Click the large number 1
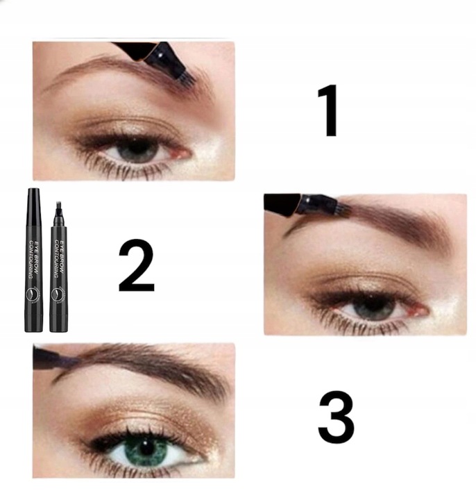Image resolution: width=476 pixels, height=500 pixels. pos(327,111)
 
